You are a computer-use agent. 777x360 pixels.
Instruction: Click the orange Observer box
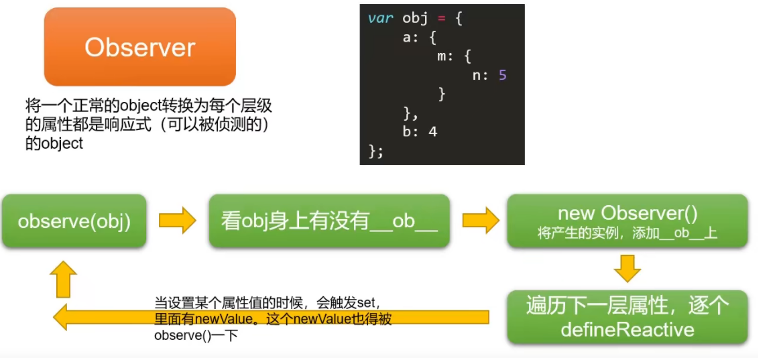139,47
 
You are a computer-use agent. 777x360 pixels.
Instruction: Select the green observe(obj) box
73,221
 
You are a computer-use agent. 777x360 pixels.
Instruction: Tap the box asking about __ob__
328,221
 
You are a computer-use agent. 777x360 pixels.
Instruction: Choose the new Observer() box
627,221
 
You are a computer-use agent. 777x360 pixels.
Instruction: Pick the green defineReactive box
627,317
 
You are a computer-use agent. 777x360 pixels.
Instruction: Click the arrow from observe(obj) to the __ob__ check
177,221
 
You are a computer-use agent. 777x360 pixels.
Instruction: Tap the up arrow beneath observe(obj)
63,278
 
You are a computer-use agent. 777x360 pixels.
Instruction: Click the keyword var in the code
380,18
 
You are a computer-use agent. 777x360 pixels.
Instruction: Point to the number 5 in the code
502,75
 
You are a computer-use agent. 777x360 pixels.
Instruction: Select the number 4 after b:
432,131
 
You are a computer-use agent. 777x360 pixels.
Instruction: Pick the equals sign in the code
441,18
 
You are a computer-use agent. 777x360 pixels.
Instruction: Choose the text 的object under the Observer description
54,143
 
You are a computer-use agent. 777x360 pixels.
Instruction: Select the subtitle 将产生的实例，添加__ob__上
627,233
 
